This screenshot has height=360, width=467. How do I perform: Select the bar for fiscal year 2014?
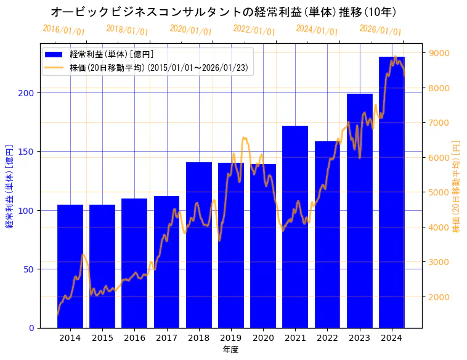click(x=70, y=266)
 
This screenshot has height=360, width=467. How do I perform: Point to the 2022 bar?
click(x=327, y=234)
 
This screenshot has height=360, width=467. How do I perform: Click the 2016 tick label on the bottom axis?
click(x=134, y=337)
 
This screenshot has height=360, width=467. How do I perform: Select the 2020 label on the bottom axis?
click(x=263, y=337)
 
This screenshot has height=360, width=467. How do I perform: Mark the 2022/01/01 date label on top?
click(x=254, y=30)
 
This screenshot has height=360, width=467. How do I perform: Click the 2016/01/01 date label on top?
click(x=63, y=30)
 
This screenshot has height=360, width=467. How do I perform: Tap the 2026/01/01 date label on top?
click(x=380, y=30)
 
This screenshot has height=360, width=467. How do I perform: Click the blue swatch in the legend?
click(x=54, y=55)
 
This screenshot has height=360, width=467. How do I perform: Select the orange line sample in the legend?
click(x=54, y=67)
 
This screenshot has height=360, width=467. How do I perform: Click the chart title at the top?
click(x=223, y=12)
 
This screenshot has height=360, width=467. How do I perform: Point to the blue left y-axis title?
click(x=10, y=187)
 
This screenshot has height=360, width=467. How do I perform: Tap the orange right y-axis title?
click(x=456, y=186)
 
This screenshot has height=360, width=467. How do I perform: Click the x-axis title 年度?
click(x=231, y=350)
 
